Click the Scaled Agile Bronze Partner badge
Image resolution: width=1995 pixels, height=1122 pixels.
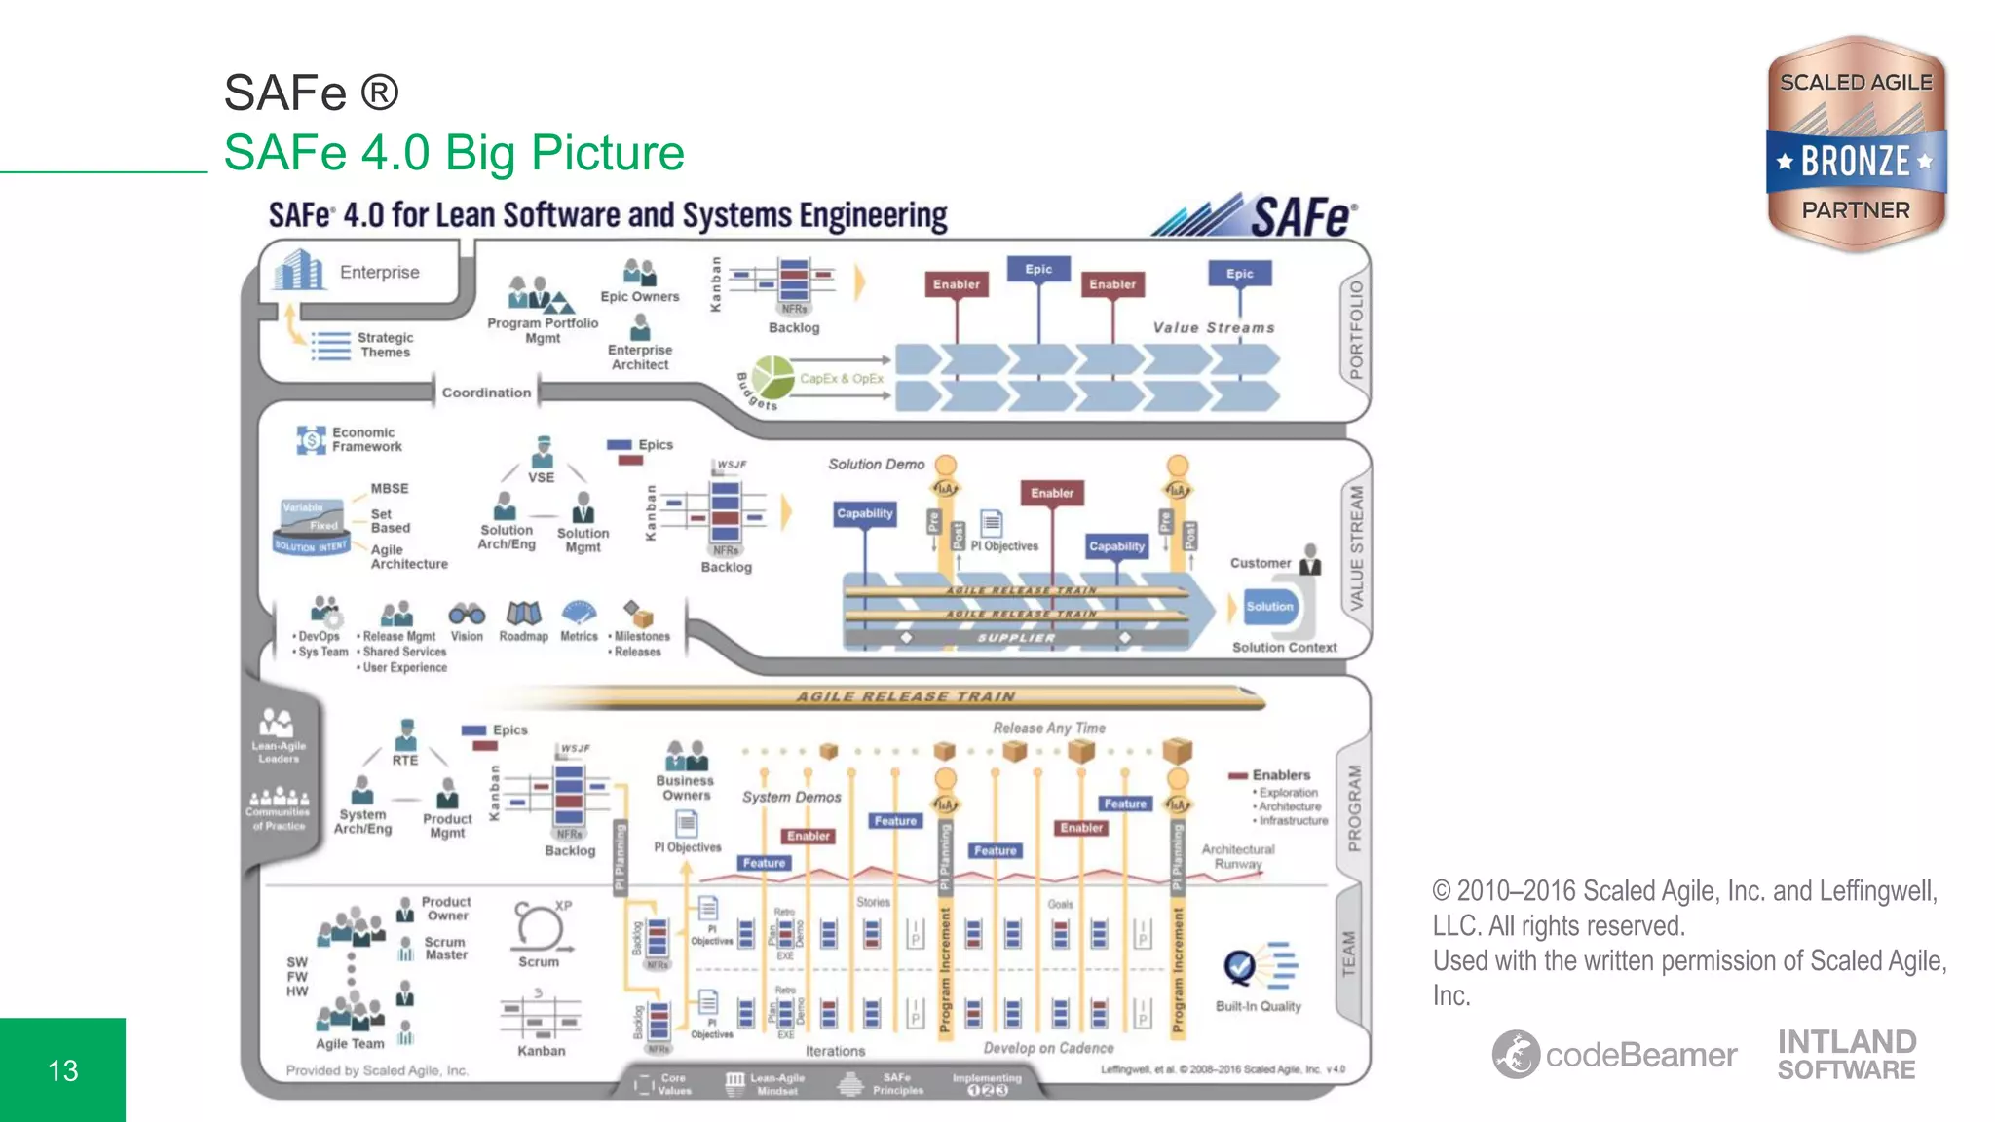click(x=1856, y=144)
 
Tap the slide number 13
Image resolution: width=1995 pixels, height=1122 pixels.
click(x=63, y=1070)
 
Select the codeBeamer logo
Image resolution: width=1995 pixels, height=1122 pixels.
click(x=1614, y=1054)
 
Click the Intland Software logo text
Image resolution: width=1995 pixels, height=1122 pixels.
click(x=1846, y=1055)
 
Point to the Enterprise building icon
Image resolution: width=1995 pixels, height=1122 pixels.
click(x=298, y=270)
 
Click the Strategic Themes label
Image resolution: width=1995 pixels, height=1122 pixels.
click(x=385, y=345)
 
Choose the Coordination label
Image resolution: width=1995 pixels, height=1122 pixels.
click(x=486, y=393)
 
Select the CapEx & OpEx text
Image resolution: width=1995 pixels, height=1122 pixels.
click(x=842, y=378)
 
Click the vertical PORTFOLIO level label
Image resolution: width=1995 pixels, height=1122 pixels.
click(x=1356, y=329)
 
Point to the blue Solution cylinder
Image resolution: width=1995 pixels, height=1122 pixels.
click(x=1270, y=606)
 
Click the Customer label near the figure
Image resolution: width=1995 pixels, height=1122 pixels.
click(x=1260, y=563)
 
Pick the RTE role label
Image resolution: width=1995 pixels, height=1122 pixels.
click(x=405, y=760)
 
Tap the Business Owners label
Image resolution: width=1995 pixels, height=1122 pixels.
click(x=686, y=788)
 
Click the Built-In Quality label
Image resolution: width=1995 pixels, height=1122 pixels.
click(x=1258, y=1006)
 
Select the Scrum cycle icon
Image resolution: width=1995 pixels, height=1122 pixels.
click(x=539, y=926)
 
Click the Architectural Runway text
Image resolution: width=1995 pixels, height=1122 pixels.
click(x=1237, y=856)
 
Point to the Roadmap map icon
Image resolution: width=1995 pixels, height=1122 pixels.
click(x=523, y=613)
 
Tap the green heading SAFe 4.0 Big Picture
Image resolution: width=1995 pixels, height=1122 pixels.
click(x=454, y=153)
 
